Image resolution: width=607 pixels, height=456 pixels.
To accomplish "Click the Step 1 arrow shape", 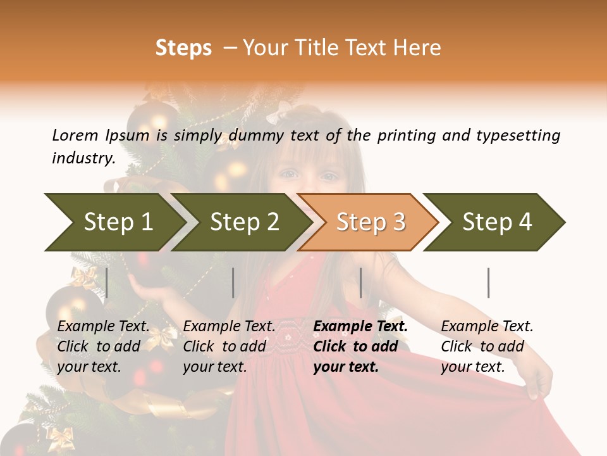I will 117,222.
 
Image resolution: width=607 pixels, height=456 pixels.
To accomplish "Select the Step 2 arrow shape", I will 243,222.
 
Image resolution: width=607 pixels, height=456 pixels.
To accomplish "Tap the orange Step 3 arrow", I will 370,222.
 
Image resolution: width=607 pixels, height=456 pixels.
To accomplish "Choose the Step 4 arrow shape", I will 496,222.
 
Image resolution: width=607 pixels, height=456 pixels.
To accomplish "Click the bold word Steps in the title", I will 183,48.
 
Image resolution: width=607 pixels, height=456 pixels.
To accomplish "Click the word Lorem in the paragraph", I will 75,135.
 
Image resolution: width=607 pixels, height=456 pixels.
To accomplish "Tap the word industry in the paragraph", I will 83,158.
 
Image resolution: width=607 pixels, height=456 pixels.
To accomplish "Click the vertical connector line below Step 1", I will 106,282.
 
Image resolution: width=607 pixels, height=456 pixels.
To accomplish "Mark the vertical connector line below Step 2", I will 233,282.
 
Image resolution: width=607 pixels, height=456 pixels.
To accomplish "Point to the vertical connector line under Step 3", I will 360,282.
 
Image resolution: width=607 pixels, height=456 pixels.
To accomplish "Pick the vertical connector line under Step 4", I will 488,282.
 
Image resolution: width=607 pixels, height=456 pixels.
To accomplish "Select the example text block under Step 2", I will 229,346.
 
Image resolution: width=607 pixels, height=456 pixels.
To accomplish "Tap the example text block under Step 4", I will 487,346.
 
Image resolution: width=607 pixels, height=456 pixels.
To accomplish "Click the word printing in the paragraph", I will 406,135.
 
